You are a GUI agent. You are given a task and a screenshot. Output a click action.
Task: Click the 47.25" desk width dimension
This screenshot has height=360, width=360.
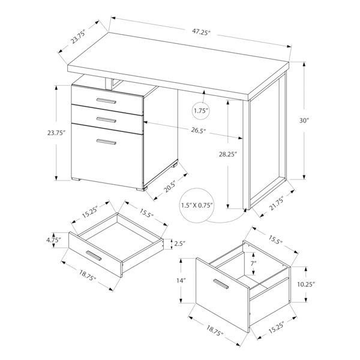pos(202,32)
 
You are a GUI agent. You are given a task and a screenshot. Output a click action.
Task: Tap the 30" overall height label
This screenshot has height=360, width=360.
pos(304,121)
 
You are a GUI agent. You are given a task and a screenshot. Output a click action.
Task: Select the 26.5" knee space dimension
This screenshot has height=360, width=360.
pos(199,131)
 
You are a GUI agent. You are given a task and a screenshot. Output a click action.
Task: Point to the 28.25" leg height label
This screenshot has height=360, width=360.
pos(228,154)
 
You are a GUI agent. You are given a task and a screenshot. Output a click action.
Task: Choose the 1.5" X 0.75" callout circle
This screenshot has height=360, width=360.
pos(197,205)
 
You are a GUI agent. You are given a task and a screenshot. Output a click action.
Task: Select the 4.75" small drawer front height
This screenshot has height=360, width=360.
pos(53,240)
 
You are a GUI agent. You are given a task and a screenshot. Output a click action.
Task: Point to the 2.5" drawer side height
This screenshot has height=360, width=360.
pos(179,244)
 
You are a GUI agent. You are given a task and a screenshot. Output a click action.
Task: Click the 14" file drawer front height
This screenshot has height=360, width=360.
pos(181,280)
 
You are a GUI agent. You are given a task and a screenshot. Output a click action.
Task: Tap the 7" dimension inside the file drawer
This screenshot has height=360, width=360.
pos(253,263)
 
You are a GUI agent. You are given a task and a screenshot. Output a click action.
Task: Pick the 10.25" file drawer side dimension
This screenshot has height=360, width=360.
pos(306,284)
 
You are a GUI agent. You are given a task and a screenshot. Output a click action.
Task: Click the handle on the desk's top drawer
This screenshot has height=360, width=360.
pos(106,101)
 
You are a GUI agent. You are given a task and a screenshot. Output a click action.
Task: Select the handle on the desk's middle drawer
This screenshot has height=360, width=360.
pos(106,119)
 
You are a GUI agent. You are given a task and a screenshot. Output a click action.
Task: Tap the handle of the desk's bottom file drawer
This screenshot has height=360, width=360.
pos(106,142)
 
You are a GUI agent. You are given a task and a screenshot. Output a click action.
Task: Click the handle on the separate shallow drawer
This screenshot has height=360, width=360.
pos(94,256)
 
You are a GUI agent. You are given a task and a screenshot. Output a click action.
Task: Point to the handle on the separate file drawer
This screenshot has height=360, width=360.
pos(221,284)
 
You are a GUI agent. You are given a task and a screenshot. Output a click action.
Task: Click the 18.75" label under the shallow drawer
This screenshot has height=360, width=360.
pos(87,275)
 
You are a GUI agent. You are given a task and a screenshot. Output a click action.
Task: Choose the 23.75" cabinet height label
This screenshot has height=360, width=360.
pos(56,133)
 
